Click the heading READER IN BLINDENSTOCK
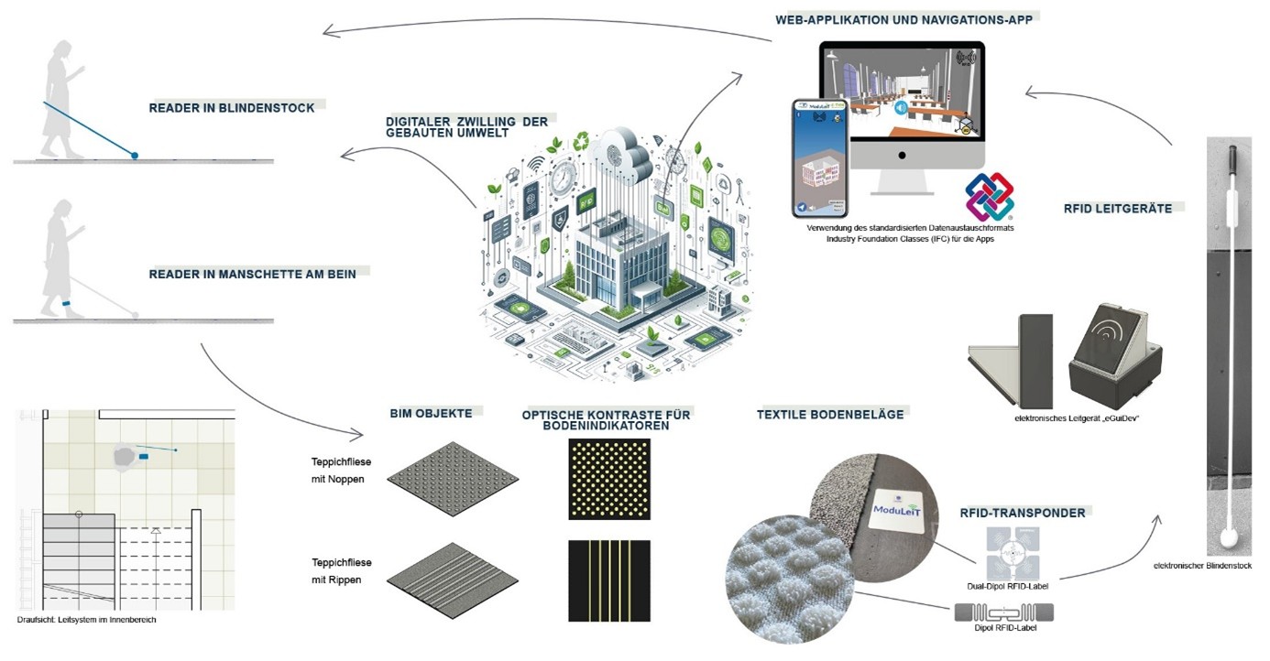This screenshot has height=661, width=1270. [x=232, y=108]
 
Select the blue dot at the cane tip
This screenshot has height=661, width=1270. [x=135, y=156]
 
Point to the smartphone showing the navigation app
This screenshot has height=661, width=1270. [x=820, y=157]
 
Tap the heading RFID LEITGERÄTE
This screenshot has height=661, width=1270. [x=1117, y=209]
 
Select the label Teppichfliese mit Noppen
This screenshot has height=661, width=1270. [x=341, y=471]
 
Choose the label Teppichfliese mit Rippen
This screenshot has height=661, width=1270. [x=341, y=571]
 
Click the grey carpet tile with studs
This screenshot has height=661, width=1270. [x=453, y=478]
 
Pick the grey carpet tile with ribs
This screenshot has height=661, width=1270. [x=453, y=580]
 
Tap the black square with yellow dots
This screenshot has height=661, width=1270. [x=608, y=479]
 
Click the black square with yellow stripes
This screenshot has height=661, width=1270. [x=608, y=580]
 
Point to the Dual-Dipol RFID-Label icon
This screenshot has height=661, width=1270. [x=1013, y=554]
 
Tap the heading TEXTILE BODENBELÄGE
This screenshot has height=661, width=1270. [x=830, y=415]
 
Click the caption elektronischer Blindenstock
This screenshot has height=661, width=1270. [x=1202, y=566]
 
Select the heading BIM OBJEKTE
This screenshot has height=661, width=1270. [x=431, y=414]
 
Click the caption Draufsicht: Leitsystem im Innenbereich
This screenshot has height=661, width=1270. [x=87, y=620]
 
